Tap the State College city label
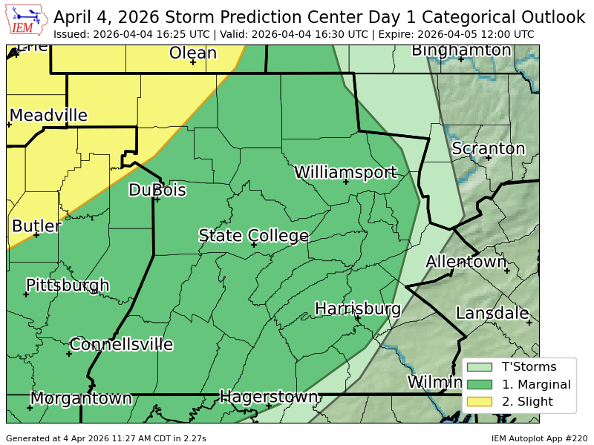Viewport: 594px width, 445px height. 253,236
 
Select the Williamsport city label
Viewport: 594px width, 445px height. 345,172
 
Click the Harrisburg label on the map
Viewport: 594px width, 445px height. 358,309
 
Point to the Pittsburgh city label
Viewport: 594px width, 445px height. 68,286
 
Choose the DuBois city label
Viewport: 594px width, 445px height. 157,190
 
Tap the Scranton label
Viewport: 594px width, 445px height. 488,148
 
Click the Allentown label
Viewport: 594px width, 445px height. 466,262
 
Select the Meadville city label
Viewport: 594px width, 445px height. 48,116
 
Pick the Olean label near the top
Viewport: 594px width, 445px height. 192,53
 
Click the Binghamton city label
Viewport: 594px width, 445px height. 461,50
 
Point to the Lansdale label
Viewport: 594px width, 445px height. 492,313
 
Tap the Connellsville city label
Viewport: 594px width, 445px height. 121,344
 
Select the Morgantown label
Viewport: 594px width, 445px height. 81,398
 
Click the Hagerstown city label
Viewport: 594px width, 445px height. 268,397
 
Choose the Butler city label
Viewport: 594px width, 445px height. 36,226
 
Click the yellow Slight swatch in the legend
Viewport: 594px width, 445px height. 479,402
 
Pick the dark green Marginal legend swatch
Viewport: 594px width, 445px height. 479,384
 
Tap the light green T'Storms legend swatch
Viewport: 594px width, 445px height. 479,366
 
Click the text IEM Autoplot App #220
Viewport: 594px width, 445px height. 539,438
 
